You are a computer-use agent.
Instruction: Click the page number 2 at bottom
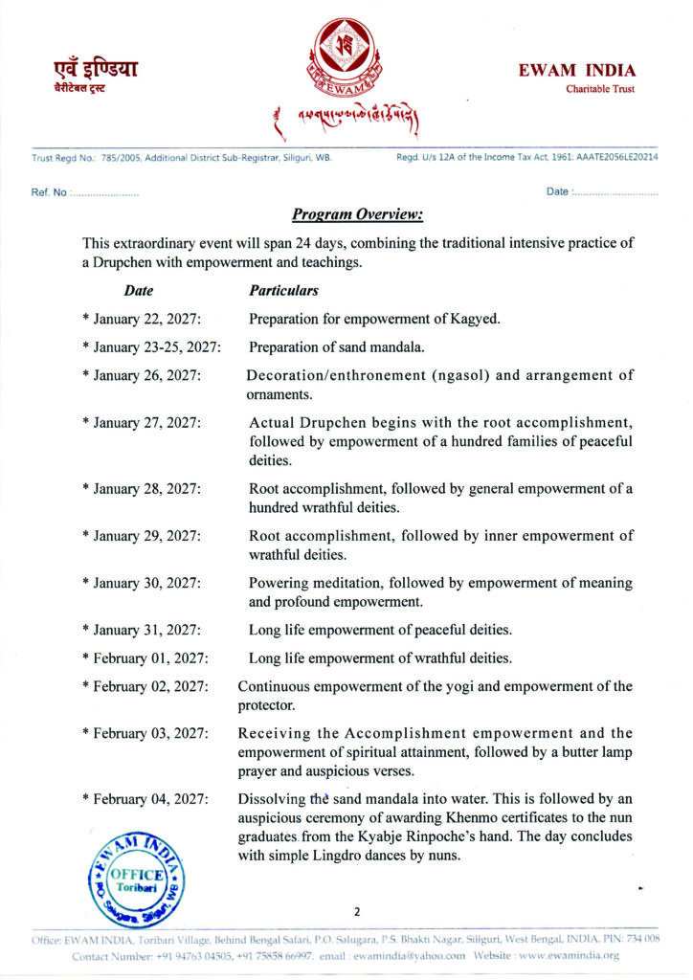(x=355, y=911)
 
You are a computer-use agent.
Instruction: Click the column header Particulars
(x=283, y=289)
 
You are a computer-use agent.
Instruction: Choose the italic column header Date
(x=139, y=289)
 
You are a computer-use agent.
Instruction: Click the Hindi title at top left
(x=95, y=69)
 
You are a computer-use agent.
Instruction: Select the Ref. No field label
(x=48, y=192)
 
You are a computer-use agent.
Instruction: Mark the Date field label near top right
(x=557, y=192)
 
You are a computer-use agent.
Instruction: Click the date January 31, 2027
(x=147, y=629)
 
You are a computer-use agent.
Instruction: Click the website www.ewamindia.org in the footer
(x=571, y=955)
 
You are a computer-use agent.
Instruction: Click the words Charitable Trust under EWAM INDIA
(x=599, y=90)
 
